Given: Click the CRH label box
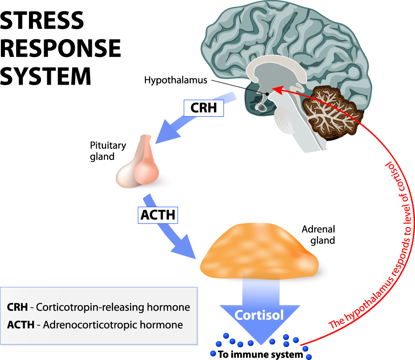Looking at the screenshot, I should click(203, 107).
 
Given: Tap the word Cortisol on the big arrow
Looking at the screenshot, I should click(259, 315).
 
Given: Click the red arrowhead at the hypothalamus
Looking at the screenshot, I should click(277, 89).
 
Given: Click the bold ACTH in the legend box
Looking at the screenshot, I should click(21, 325).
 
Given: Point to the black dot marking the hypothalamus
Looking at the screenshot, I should click(267, 94).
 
